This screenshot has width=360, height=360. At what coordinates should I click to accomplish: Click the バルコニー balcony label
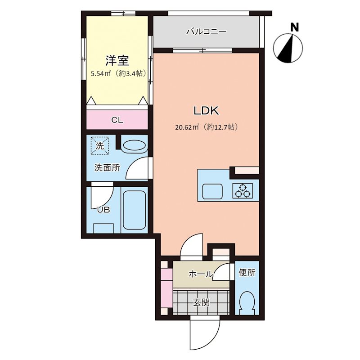tap(206, 32)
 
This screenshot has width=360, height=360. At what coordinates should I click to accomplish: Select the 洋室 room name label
tap(117, 60)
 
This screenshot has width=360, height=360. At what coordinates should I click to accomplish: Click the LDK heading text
tap(206, 111)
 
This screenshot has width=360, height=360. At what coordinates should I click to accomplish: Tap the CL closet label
tap(117, 120)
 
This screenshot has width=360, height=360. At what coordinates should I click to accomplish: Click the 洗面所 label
tap(107, 167)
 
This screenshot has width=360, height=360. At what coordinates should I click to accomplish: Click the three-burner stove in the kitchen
tap(243, 191)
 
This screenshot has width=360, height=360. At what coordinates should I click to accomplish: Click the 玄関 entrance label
tap(201, 302)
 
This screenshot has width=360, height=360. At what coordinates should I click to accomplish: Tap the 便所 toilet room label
tap(247, 273)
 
